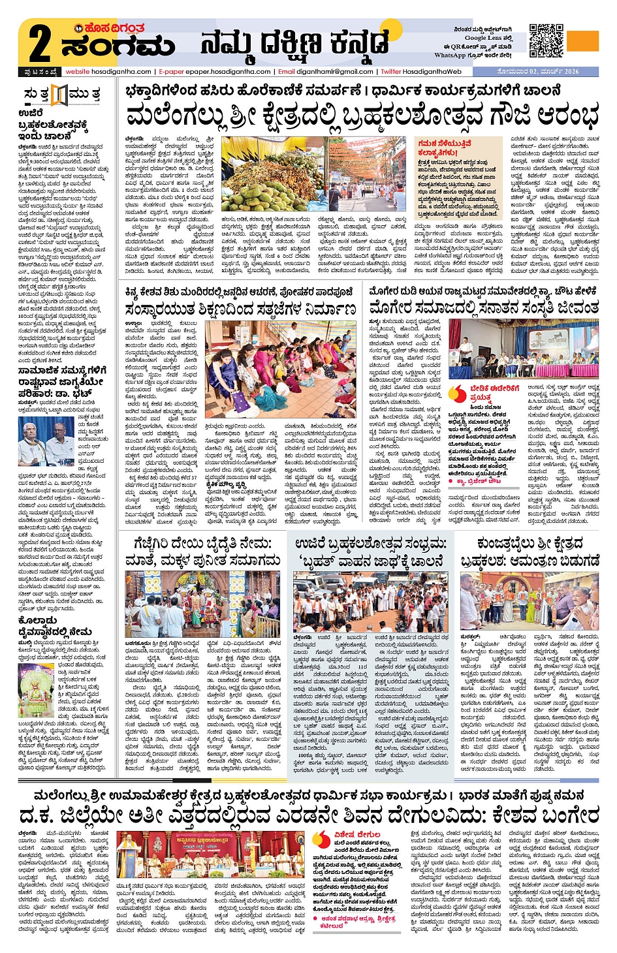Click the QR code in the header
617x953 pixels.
pyautogui.click(x=546, y=40)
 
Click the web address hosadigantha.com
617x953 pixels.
pyautogui.click(x=121, y=72)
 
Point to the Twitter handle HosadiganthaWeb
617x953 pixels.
pyautogui.click(x=432, y=72)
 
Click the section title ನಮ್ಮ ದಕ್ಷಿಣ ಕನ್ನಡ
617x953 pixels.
pyautogui.click(x=294, y=46)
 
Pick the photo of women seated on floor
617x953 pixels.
pyautogui.click(x=280, y=365)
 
